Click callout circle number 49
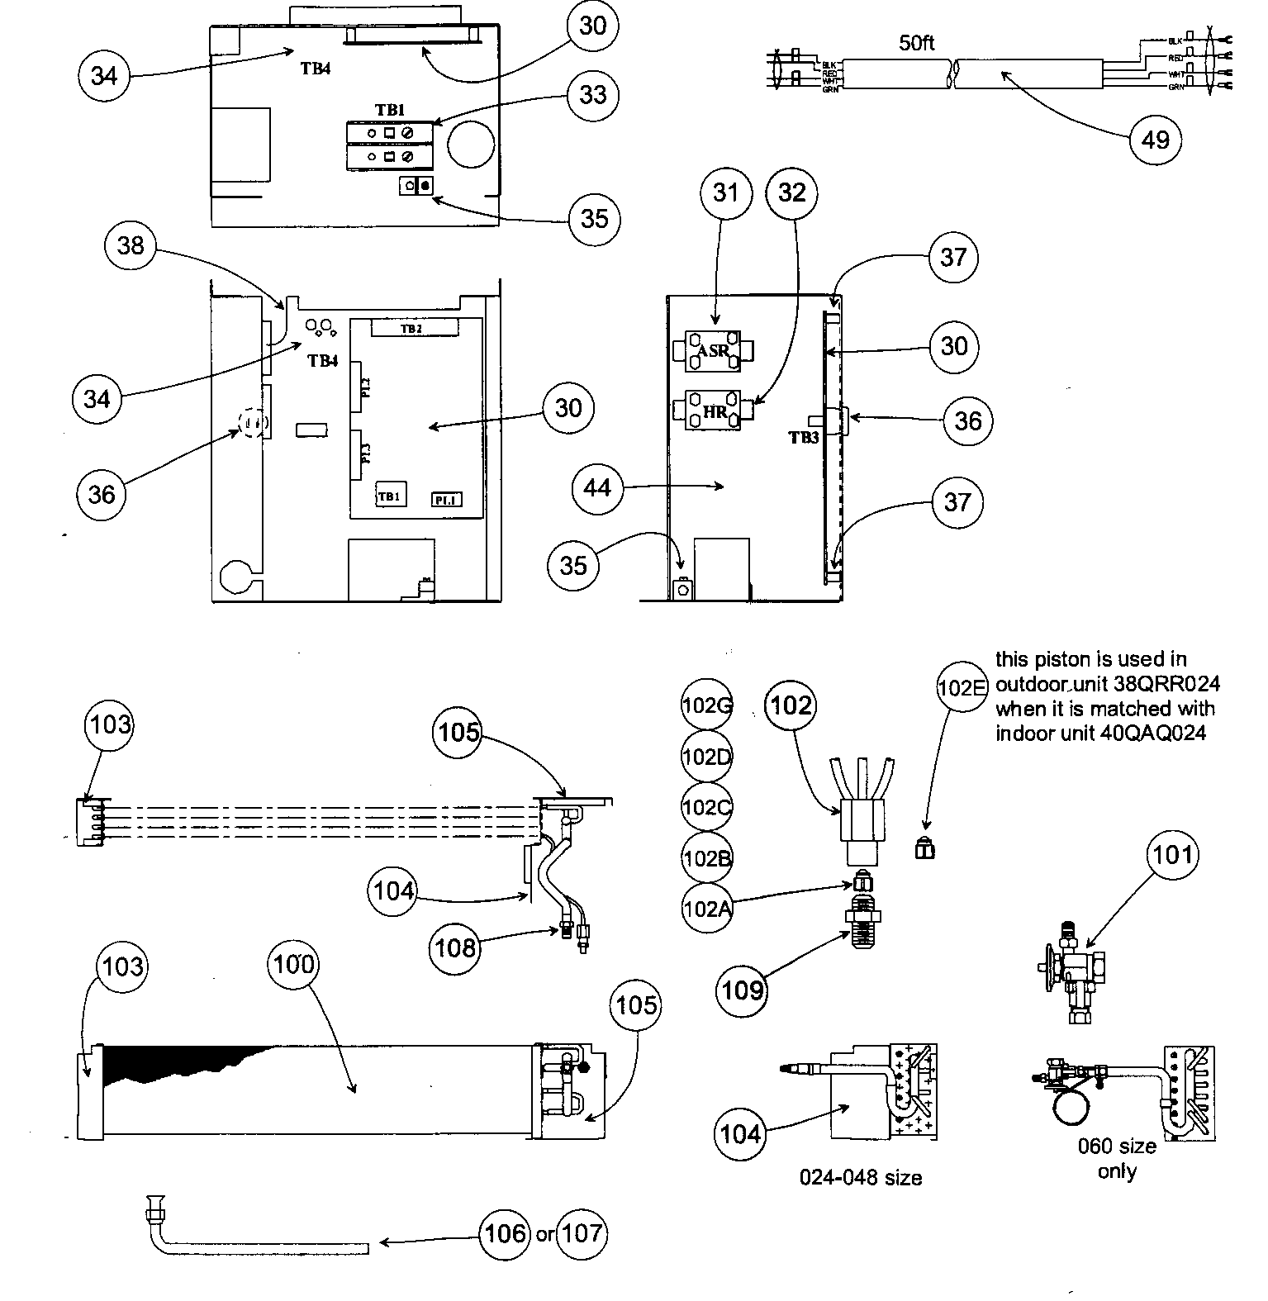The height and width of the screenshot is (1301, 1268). [x=1155, y=139]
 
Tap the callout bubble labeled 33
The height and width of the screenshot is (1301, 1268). [x=593, y=94]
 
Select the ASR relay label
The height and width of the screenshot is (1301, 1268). [x=713, y=350]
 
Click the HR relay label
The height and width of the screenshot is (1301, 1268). [x=715, y=411]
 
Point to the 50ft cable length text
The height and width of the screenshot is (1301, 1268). [x=916, y=43]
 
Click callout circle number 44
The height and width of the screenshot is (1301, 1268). [x=596, y=487]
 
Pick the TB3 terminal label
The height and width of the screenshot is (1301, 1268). [x=803, y=438]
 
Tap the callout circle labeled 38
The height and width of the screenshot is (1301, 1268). [x=131, y=245]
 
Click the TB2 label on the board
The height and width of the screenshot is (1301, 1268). [x=412, y=329]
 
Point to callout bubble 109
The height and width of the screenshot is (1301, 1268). [x=743, y=989]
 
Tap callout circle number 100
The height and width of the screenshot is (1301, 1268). [x=293, y=964]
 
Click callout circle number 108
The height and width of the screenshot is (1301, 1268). [x=454, y=947]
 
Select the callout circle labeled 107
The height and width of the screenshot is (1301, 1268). [x=582, y=1233]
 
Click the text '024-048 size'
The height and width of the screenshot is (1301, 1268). [x=860, y=1177]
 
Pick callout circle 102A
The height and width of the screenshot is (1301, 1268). [x=707, y=909]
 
